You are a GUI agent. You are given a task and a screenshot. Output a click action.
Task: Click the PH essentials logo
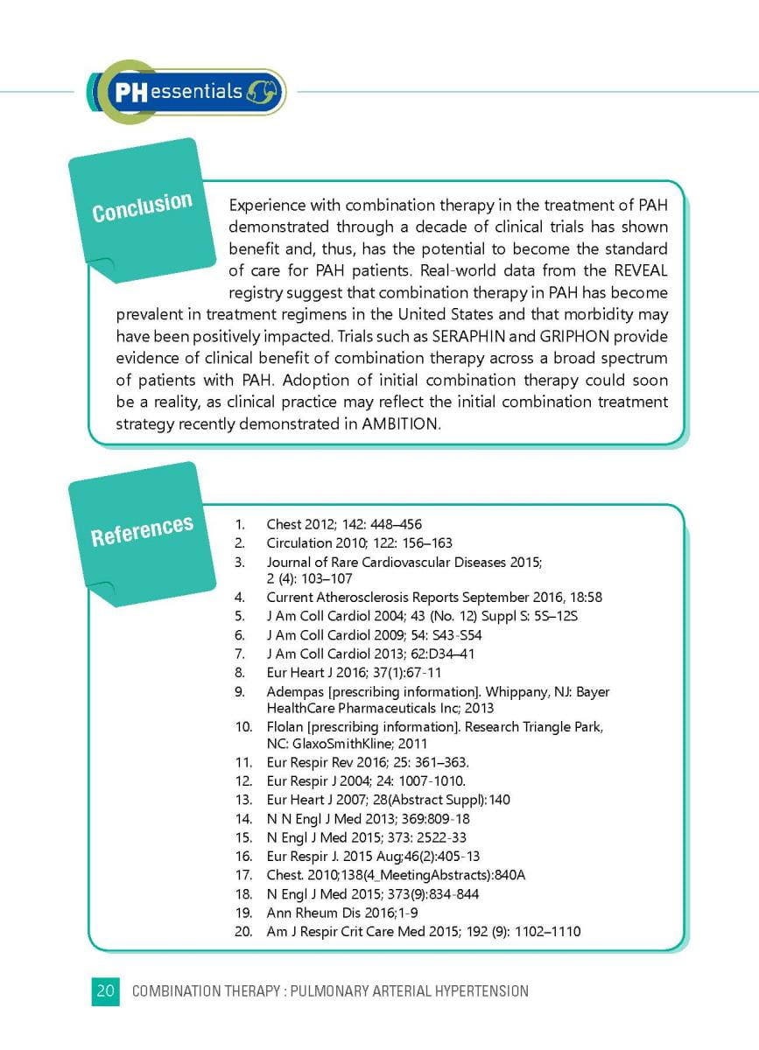coord(186,91)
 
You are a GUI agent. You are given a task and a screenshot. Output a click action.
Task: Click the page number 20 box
coord(105,991)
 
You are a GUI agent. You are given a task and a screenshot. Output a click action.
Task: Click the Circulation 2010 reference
coord(359,543)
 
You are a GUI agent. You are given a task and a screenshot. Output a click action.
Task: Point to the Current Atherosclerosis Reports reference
coord(434,598)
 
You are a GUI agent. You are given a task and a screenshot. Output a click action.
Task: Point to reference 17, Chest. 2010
coord(396,875)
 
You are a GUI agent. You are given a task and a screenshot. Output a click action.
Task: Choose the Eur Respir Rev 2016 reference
coord(374,762)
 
